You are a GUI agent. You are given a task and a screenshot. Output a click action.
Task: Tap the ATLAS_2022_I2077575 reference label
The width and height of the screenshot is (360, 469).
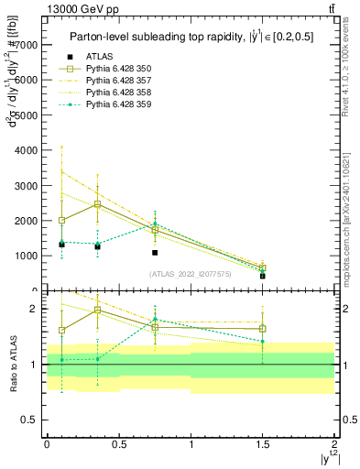coord(189,273)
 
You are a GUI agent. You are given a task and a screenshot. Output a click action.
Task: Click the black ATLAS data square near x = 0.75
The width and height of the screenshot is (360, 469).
coord(155,253)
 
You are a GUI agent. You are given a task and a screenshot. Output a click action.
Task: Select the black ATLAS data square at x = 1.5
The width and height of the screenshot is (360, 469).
coord(263,276)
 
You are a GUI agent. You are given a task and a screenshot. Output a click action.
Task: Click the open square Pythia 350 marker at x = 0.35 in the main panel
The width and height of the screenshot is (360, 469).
coord(97,204)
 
